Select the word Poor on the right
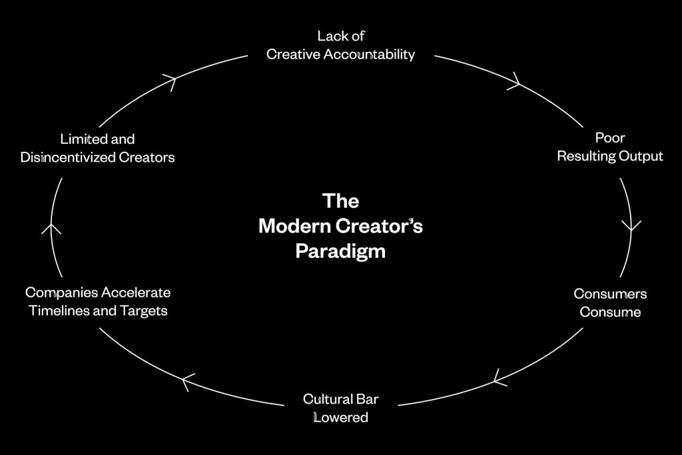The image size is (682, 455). coord(610,138)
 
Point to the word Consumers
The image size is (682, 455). coord(610,294)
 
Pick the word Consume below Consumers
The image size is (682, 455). coord(610,312)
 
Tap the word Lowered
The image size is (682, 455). coord(340,418)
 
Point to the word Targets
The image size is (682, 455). coord(143,311)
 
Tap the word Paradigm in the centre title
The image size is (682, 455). coord(340,252)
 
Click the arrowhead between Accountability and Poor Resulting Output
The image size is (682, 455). coord(514,84)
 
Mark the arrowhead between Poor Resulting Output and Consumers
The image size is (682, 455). coord(631,226)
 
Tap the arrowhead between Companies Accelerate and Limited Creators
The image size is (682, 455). coord(51,228)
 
